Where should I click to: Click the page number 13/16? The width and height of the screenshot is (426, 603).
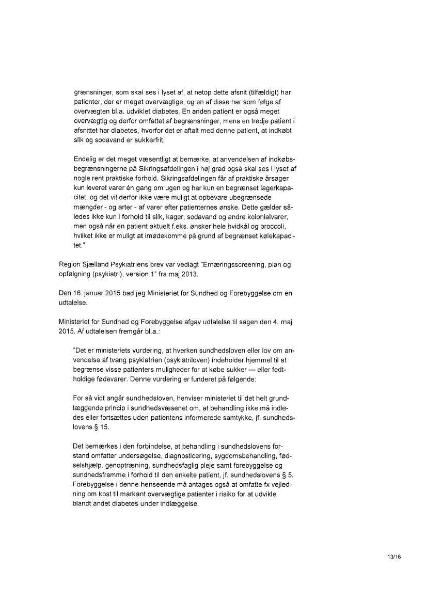(x=393, y=557)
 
